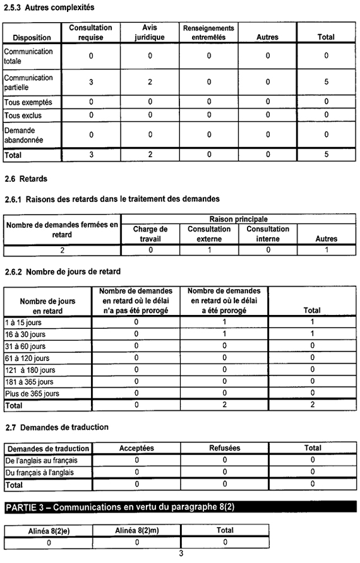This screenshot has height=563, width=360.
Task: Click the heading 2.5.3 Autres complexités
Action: point(49,8)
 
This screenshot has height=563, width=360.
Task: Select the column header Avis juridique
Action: point(150,33)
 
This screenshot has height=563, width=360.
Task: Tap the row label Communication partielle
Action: point(29,82)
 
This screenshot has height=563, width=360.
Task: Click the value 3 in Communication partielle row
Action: point(91,82)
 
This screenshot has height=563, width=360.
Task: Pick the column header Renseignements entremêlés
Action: point(208,33)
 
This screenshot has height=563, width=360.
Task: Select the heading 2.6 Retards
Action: point(26,179)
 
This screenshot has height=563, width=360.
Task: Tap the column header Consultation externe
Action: point(209,234)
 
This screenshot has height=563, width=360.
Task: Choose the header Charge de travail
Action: point(150,234)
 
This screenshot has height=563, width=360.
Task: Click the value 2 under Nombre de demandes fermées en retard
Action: point(62,250)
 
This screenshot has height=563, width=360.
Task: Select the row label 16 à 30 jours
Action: point(25,333)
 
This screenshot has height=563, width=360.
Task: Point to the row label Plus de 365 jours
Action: point(32,393)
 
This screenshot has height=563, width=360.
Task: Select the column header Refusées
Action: point(224,448)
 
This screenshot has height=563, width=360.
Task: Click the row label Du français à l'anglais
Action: point(39,472)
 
